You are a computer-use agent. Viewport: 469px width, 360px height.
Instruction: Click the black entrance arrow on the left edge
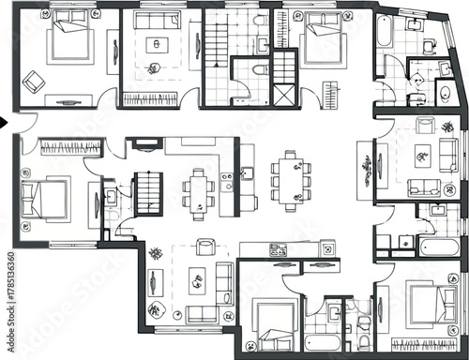click(x=5, y=121)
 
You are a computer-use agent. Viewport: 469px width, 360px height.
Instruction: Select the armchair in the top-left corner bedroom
click(x=36, y=82)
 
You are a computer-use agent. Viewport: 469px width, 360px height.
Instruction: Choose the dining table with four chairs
click(x=198, y=191)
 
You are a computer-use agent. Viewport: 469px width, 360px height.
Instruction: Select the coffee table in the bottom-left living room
click(x=197, y=278)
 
